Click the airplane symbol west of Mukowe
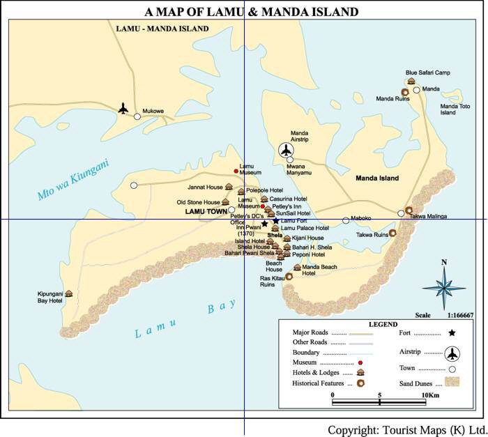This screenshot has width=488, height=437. click(123, 108)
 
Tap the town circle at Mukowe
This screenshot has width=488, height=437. click(137, 116)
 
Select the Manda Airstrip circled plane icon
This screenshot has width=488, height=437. click(286, 150)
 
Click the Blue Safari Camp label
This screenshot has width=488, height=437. click(428, 72)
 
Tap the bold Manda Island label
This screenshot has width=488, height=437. click(377, 178)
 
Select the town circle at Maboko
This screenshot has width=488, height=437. click(346, 220)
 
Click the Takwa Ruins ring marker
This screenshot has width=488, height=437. click(393, 233)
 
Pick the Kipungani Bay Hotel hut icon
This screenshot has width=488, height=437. click(69, 293)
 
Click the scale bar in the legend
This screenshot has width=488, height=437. click(379, 401)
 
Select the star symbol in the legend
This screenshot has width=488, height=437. click(452, 334)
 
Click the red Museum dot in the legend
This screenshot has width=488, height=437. click(360, 363)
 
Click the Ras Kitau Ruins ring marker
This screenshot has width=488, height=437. click(289, 277)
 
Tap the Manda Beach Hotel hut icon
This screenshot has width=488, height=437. click(297, 267)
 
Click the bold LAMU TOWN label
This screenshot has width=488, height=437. click(206, 210)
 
